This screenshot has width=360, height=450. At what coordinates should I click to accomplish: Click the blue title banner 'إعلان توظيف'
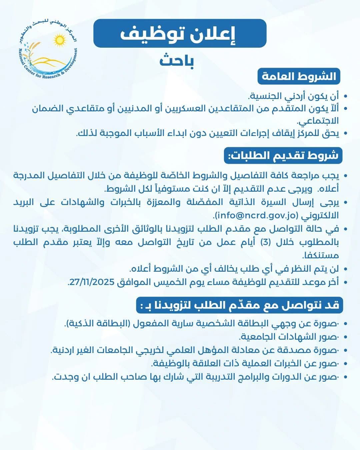pos(180,33)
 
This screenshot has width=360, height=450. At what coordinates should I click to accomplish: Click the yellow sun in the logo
pos(60,40)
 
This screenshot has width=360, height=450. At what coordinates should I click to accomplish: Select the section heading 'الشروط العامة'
pos(299,76)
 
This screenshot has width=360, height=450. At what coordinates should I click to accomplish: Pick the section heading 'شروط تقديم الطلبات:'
pos(283,156)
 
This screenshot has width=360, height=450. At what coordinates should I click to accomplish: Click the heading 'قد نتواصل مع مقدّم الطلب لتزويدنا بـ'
pos(240,305)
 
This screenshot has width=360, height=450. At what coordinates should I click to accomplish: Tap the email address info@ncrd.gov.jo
pos(256,215)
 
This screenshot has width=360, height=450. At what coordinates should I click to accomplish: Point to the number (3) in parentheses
pos(272,242)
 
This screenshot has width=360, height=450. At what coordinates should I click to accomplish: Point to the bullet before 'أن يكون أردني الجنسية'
pos(345,97)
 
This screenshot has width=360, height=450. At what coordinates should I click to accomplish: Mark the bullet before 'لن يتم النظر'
pos(345,269)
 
